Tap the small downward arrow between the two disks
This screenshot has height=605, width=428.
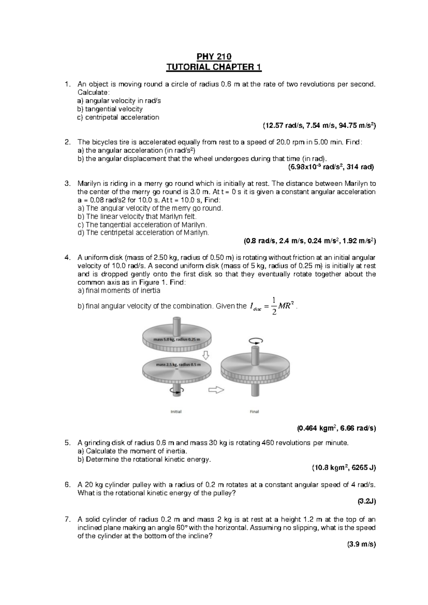[205, 355]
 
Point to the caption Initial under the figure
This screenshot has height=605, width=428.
[176, 411]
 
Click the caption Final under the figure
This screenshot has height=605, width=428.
[254, 411]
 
